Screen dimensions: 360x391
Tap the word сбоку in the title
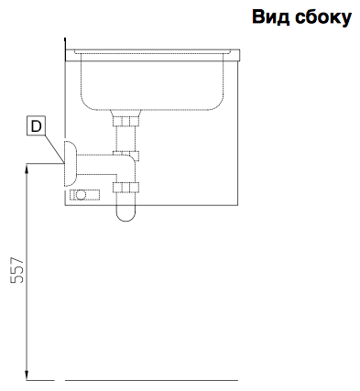(x=323, y=17)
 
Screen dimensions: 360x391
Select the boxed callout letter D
(x=36, y=126)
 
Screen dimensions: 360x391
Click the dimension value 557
(x=17, y=270)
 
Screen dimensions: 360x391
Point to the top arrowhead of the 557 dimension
(x=27, y=168)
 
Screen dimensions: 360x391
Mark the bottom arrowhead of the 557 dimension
(x=27, y=375)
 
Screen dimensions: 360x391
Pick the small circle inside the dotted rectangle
(x=81, y=195)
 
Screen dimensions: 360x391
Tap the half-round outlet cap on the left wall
(x=70, y=164)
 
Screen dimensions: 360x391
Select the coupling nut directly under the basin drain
(x=125, y=122)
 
